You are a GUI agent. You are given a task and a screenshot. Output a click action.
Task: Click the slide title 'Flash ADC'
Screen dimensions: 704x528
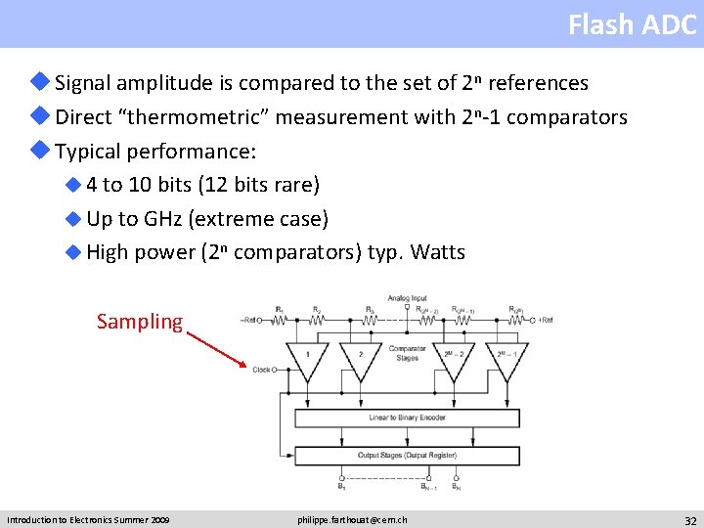click(632, 24)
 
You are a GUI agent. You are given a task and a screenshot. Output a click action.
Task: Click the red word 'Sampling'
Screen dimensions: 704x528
click(139, 322)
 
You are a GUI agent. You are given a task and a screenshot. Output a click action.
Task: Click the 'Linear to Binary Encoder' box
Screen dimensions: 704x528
click(407, 418)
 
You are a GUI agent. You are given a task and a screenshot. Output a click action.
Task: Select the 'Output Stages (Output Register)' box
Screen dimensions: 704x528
click(407, 456)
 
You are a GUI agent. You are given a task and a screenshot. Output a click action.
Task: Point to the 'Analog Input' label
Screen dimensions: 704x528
click(407, 297)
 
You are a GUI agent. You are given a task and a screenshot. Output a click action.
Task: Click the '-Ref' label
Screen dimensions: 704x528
click(251, 320)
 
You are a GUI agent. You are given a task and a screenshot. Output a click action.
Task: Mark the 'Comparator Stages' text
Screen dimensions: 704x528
click(407, 352)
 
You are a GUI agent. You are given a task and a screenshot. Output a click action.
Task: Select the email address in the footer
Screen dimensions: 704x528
click(352, 519)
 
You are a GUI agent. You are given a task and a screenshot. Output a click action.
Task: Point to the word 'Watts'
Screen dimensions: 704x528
click(438, 252)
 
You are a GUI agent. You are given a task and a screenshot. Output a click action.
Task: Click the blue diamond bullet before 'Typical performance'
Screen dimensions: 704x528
click(42, 151)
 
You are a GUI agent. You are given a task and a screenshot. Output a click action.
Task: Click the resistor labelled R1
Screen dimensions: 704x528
click(281, 318)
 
